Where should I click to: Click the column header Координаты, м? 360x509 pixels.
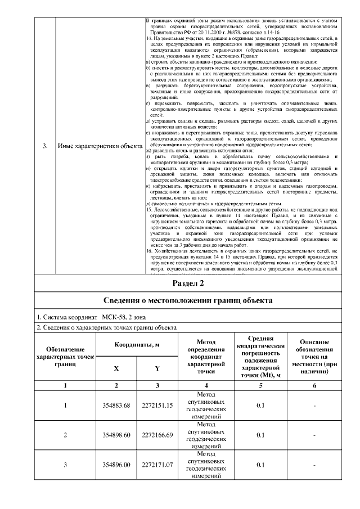pos(137,344)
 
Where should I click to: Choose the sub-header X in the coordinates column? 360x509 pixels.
pos(116,368)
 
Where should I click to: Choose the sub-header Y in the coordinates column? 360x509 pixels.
pos(157,368)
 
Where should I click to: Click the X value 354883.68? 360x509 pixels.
pos(116,406)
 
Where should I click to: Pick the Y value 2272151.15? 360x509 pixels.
pos(157,406)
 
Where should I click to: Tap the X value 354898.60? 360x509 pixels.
pos(116,435)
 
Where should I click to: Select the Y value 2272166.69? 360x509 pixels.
pos(157,435)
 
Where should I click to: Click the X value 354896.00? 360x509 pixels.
pos(116,465)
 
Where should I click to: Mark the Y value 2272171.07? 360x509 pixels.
pos(157,465)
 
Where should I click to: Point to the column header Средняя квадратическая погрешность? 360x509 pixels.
pos(260,357)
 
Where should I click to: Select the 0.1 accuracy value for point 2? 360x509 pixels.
pos(260,435)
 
